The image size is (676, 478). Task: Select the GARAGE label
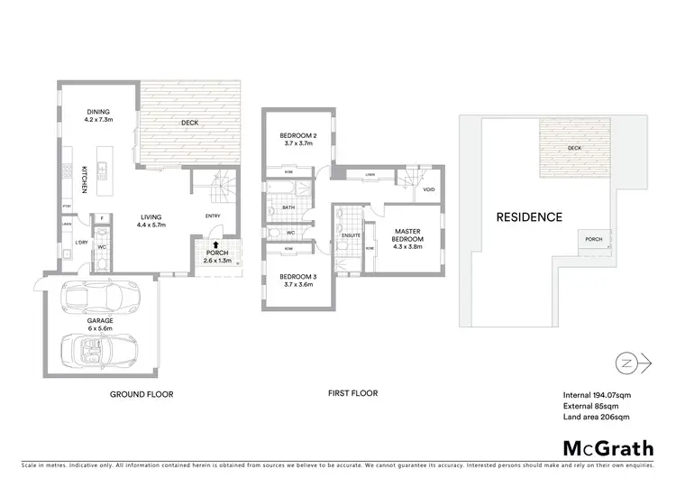tap(99, 320)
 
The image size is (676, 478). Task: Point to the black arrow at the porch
tap(215, 244)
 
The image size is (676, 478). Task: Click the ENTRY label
tap(213, 216)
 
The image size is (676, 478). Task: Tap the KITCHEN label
tap(85, 178)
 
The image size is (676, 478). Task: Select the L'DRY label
tap(80, 243)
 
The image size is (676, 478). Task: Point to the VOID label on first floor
tap(429, 190)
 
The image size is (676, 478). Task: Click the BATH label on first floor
tap(288, 207)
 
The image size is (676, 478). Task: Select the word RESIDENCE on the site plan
tap(528, 216)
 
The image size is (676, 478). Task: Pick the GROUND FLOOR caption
tap(142, 394)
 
